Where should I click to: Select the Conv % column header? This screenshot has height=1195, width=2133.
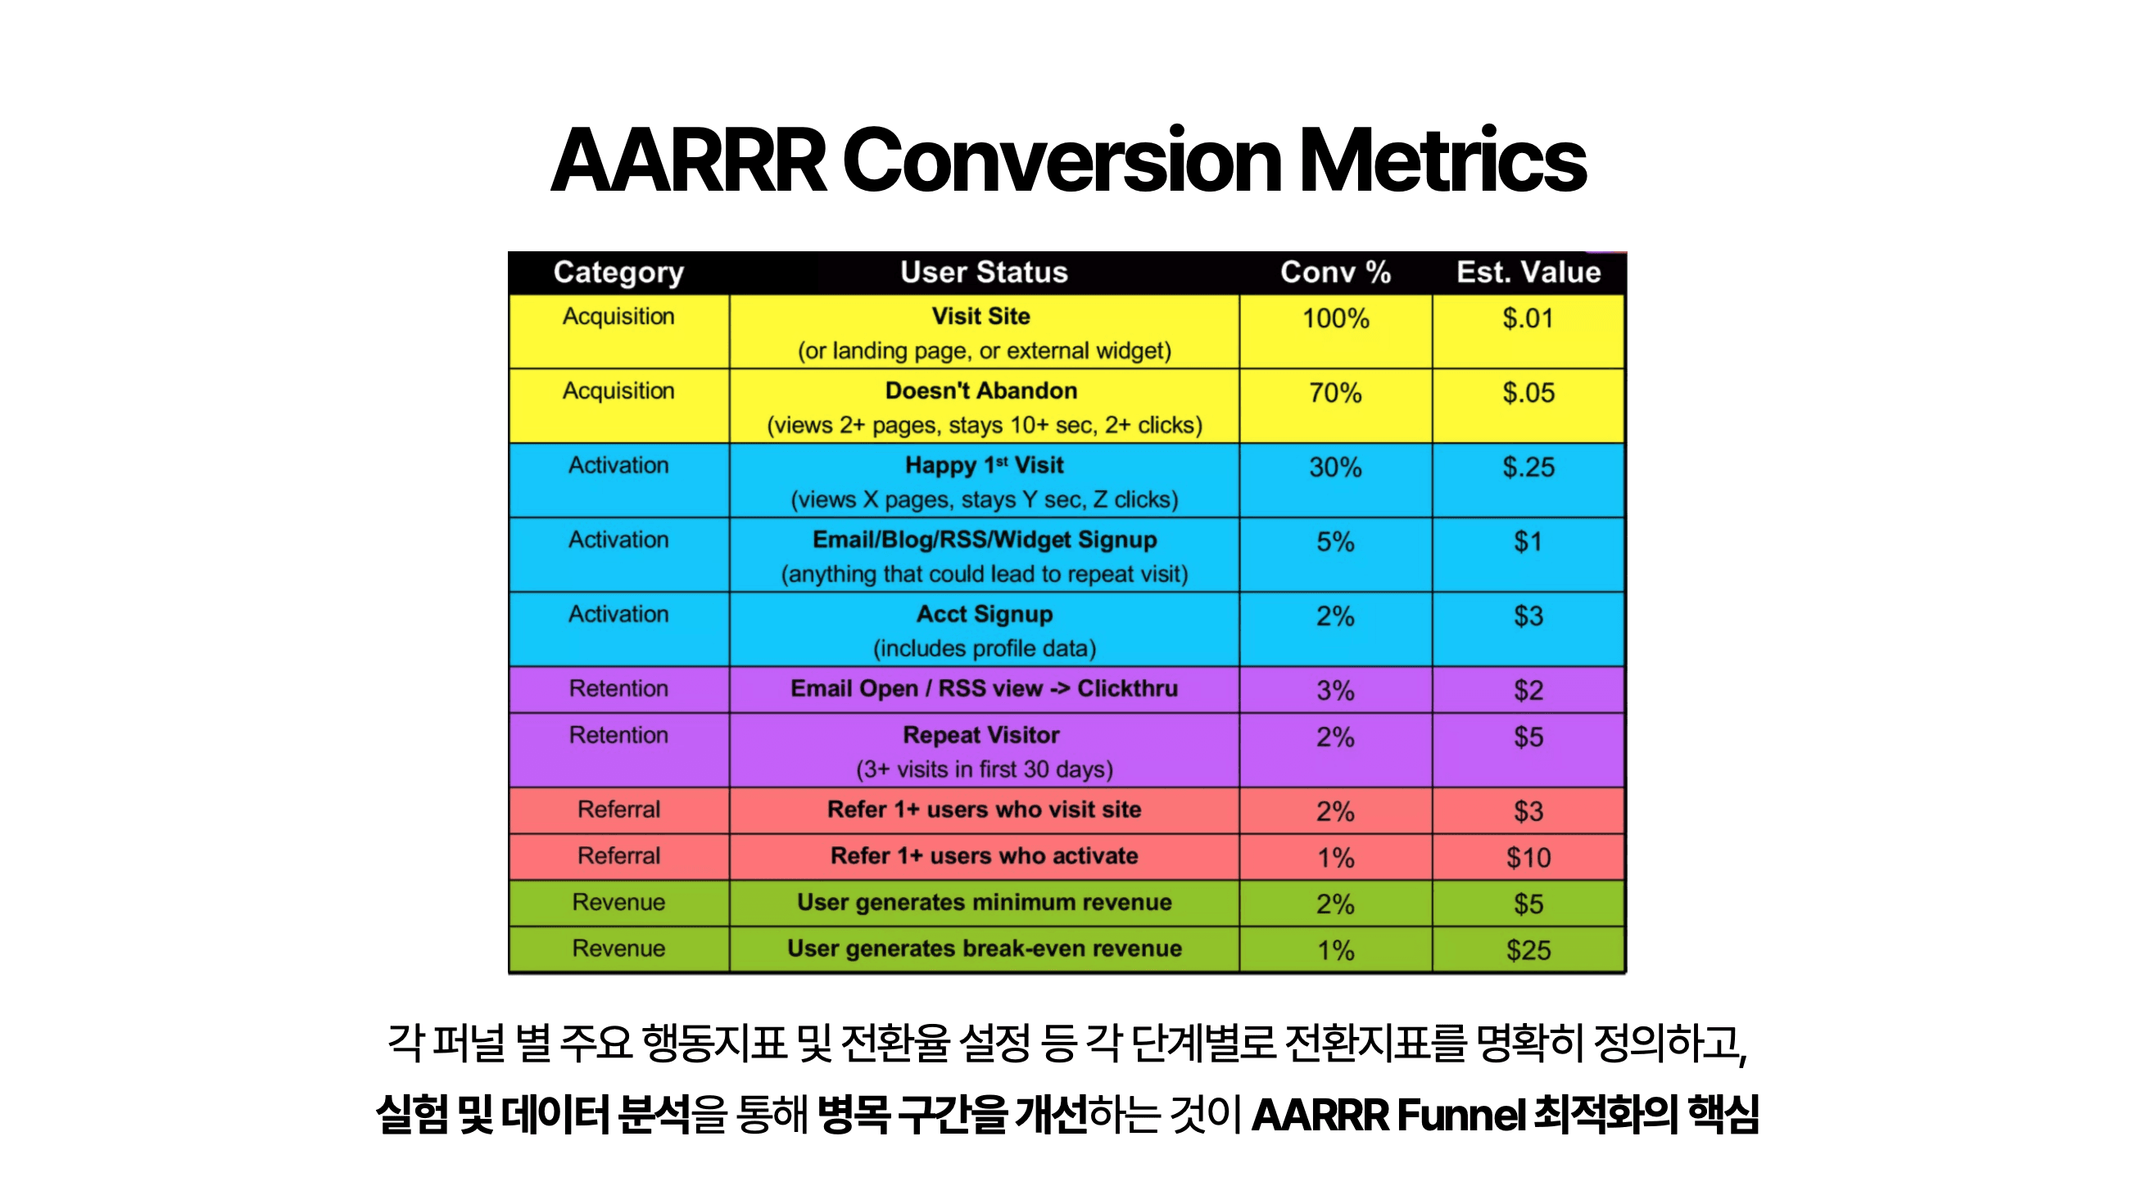tap(1335, 273)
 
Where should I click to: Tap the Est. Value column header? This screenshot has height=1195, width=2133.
tap(1528, 273)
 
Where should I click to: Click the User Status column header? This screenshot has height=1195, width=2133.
tap(984, 273)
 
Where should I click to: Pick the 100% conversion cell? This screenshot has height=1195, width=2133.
tap(1335, 318)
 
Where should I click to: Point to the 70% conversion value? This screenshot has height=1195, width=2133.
tap(1335, 393)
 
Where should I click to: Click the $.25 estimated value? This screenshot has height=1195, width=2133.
tap(1528, 467)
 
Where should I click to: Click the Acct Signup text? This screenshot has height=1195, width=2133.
tap(984, 614)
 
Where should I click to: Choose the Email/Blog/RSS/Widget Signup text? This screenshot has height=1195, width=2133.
tap(984, 539)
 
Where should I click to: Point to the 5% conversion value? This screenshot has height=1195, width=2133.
tap(1335, 542)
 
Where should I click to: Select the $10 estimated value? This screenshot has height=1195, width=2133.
tap(1528, 857)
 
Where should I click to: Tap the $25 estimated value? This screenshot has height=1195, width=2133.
tap(1528, 950)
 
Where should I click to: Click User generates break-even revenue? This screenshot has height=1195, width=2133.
tap(984, 949)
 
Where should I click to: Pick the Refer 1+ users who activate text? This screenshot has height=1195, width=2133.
tap(984, 855)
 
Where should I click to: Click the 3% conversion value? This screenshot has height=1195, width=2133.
tap(1335, 690)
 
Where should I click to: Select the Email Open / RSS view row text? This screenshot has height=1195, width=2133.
tap(984, 688)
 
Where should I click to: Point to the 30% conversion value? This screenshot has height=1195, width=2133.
tap(1335, 467)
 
